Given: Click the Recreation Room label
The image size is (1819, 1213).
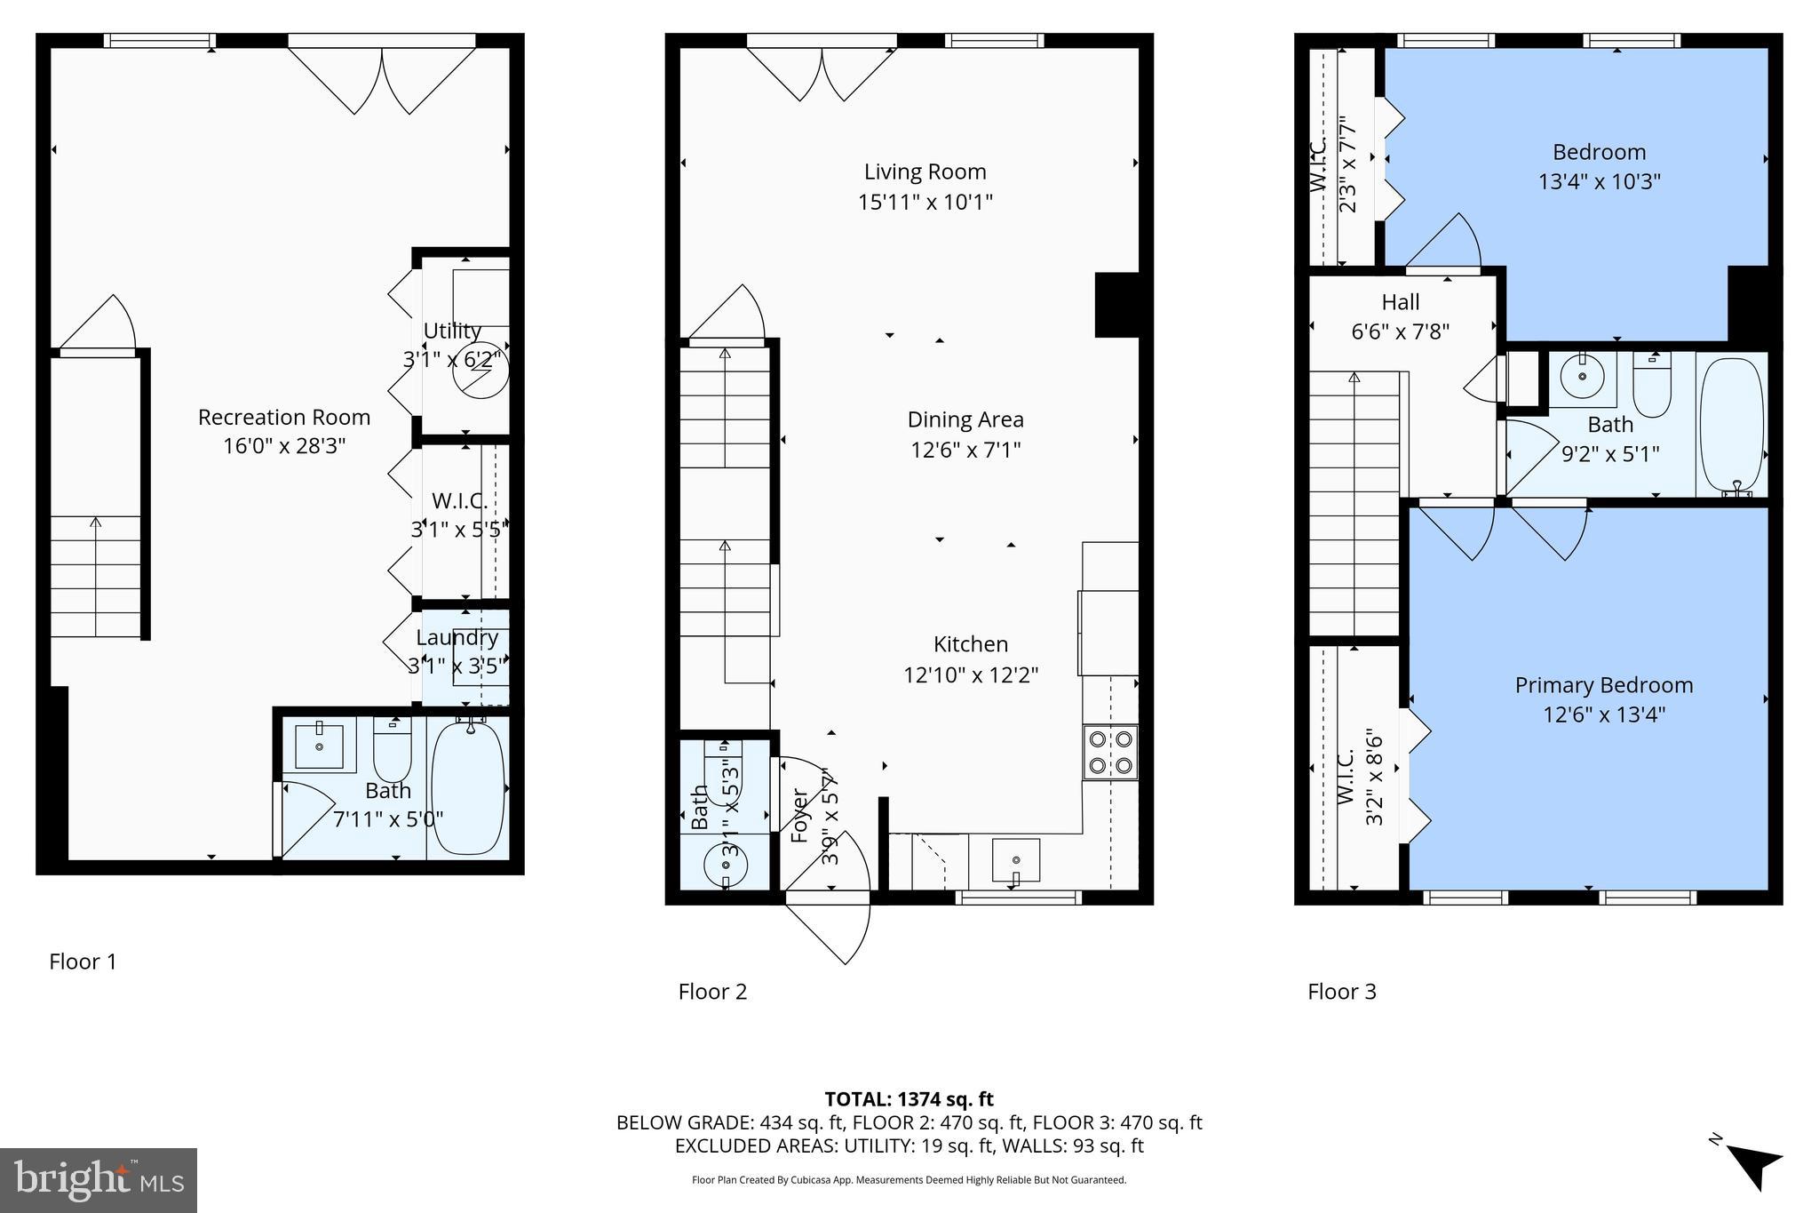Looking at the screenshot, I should [x=284, y=417].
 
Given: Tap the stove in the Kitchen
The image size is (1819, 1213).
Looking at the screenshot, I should [x=1110, y=752].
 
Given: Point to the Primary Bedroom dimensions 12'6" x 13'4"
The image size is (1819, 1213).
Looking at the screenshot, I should [x=1603, y=714].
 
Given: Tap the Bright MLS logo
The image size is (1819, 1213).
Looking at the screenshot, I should [x=99, y=1180].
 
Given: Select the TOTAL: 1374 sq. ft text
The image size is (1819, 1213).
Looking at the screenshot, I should [x=909, y=1099].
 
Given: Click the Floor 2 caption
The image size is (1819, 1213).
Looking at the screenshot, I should [x=712, y=992].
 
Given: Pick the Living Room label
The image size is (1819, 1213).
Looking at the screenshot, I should [x=925, y=172].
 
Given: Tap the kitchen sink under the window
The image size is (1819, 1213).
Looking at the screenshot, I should [x=1016, y=859].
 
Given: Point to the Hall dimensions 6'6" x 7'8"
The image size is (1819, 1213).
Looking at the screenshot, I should [x=1400, y=331].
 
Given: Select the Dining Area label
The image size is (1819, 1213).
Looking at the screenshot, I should [x=965, y=419].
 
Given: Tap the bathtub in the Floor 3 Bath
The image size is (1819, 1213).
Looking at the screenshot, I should [x=1731, y=424].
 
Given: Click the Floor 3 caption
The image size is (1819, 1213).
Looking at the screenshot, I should [x=1341, y=992].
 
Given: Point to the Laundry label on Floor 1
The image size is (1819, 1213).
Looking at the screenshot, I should [x=457, y=637].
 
